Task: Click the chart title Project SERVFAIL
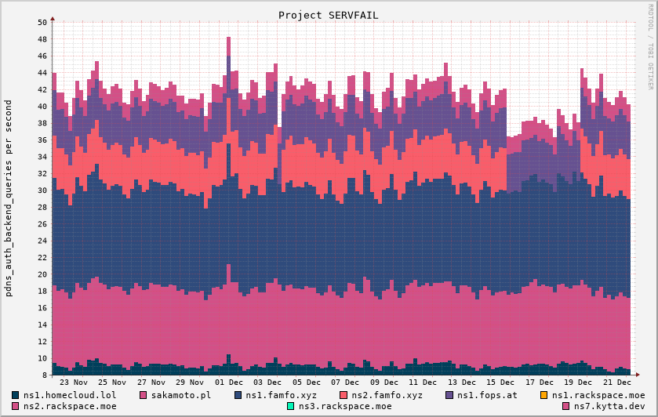point(328,15)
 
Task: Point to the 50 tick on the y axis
point(42,22)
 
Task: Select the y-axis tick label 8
point(44,375)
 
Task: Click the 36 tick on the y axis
point(42,140)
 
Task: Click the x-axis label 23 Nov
point(74,383)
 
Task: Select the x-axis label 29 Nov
point(190,383)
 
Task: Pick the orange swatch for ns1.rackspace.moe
point(545,395)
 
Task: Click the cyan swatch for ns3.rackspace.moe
point(291,406)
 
